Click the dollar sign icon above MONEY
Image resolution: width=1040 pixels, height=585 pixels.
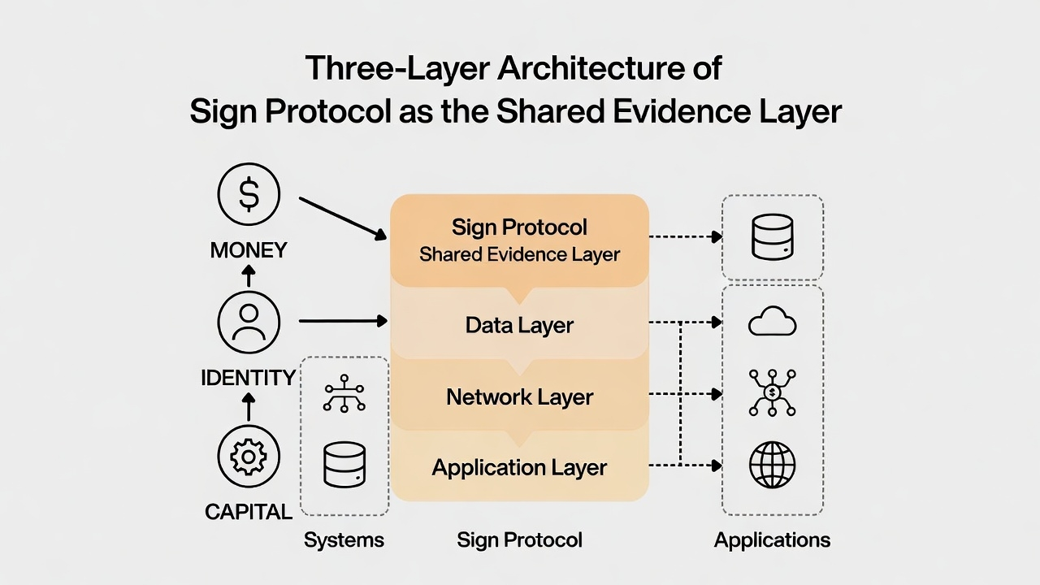[x=249, y=195]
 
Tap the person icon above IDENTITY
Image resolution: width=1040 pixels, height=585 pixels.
[x=249, y=322]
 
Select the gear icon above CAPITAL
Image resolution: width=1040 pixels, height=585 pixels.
[x=249, y=457]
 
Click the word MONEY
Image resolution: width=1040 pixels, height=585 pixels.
[x=249, y=250]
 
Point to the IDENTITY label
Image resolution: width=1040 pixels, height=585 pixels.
[x=249, y=378]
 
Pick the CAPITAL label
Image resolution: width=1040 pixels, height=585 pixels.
[x=249, y=512]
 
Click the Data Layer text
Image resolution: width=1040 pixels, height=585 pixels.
[x=519, y=326]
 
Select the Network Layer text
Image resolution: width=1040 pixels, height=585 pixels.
[x=519, y=397]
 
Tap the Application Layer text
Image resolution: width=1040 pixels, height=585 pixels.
[x=519, y=468]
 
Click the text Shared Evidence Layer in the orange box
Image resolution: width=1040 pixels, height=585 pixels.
[x=519, y=254]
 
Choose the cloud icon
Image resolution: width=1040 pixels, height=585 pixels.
[x=772, y=323]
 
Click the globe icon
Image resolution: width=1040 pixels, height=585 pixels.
[x=772, y=466]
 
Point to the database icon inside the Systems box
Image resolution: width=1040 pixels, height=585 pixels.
[x=344, y=465]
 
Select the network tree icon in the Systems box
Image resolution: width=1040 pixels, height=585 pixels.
[x=344, y=393]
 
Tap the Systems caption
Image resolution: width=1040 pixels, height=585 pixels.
[x=344, y=540]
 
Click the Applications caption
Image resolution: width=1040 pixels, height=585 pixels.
[x=772, y=540]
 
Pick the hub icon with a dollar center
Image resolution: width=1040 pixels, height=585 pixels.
[x=772, y=392]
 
